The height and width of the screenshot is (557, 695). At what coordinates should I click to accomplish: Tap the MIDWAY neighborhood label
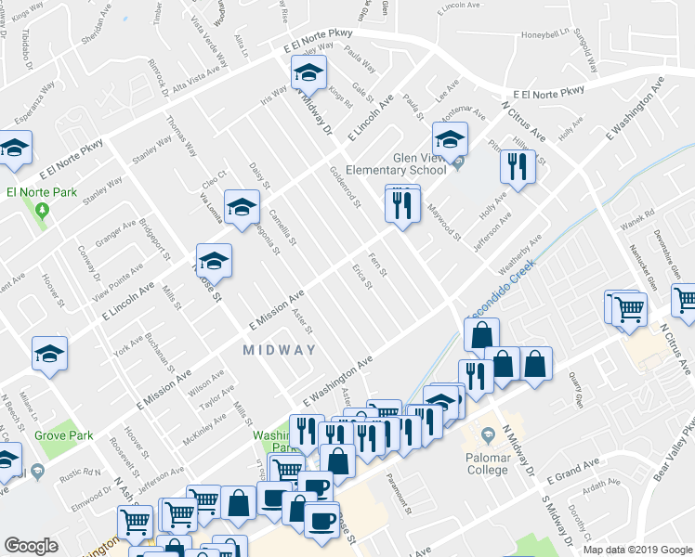tap(280, 350)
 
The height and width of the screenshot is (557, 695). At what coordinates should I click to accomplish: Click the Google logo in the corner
tap(31, 546)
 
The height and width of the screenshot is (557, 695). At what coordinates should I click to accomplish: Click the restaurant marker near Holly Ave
tap(514, 167)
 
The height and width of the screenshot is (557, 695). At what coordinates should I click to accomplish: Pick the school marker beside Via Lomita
tap(242, 207)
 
